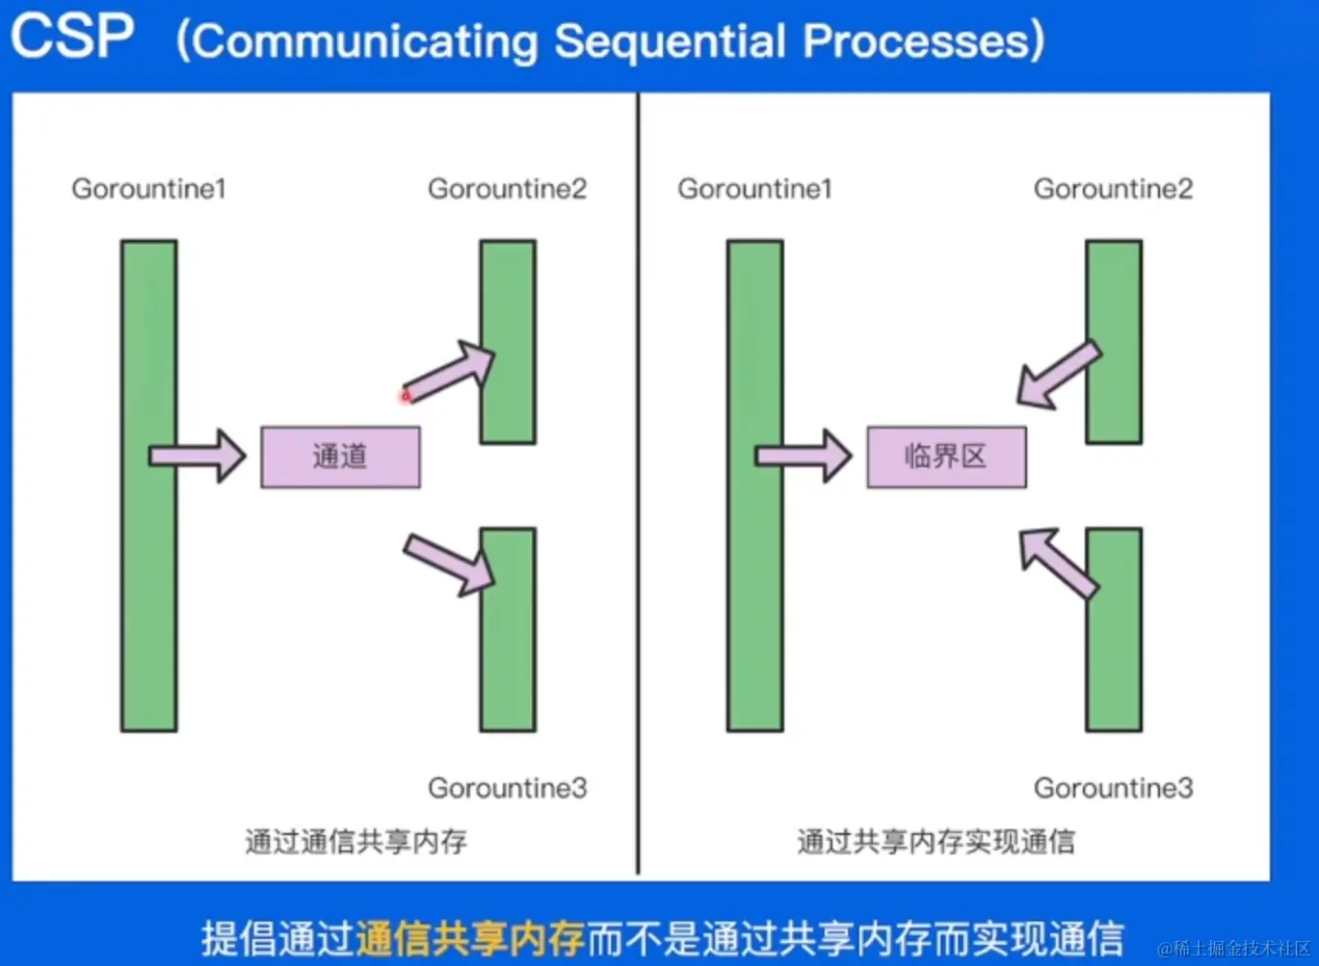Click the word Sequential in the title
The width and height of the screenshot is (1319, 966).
671,42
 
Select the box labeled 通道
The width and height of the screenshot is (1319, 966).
340,457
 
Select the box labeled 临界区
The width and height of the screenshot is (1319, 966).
946,457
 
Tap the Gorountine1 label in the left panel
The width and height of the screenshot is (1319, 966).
149,189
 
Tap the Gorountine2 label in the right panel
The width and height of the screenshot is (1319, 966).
1114,189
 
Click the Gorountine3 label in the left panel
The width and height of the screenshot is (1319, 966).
508,788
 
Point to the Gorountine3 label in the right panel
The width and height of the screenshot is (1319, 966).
1114,788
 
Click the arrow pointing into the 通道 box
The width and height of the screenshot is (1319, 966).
198,457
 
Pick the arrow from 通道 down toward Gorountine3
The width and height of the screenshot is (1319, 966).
449,565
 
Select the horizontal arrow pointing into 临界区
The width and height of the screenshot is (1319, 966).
804,457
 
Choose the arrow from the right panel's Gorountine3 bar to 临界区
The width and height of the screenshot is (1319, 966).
1059,563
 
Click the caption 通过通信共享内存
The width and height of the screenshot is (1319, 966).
356,841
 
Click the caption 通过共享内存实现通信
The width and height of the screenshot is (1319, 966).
936,841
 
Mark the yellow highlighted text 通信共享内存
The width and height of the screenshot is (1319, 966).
470,938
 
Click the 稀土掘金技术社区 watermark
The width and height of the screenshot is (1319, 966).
1234,949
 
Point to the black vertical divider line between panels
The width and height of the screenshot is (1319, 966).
638,483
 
